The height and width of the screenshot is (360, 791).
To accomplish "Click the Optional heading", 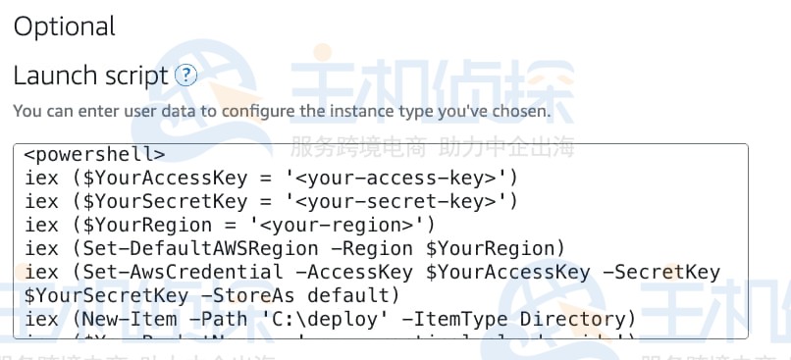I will pyautogui.click(x=64, y=26).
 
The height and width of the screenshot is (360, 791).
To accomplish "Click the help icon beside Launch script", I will pyautogui.click(x=185, y=75).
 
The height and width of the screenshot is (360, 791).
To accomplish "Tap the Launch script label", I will pyautogui.click(x=89, y=75).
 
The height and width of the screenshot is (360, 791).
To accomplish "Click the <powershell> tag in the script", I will pyautogui.click(x=94, y=154).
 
